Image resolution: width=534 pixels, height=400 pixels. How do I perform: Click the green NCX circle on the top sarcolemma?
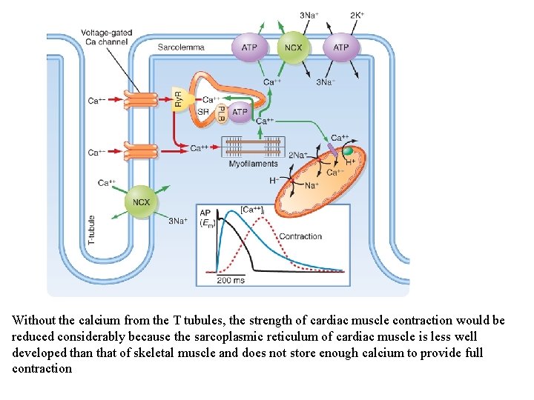(x=294, y=47)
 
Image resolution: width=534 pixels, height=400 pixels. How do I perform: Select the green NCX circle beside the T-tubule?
(x=141, y=201)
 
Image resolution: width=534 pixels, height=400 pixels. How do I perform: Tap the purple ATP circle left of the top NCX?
(x=250, y=47)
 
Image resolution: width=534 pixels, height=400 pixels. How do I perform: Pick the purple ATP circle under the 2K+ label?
(x=340, y=47)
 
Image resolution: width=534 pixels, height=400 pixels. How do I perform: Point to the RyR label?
(x=178, y=99)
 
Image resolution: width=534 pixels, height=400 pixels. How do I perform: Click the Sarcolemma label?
(x=180, y=47)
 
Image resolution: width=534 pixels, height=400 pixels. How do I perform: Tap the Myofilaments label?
(x=253, y=164)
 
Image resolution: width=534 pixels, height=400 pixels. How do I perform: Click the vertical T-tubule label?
(x=92, y=230)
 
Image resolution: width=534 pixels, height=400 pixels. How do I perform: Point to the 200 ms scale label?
(x=230, y=281)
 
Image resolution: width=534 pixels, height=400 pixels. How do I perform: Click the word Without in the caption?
(x=34, y=321)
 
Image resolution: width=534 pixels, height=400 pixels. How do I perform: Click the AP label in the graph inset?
(x=205, y=212)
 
